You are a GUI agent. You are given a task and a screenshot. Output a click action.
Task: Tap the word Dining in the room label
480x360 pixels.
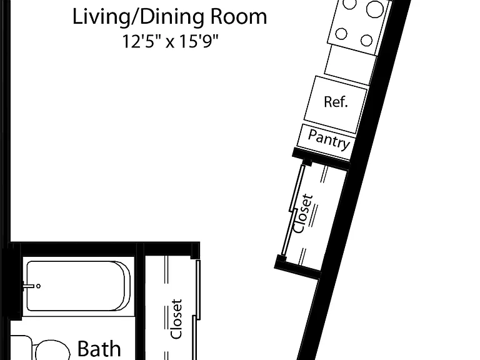coord(172,17)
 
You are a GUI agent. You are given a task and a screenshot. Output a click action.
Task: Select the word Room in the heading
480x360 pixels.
coord(239,17)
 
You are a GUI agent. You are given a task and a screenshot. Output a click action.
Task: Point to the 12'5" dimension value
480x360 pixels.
coord(141,41)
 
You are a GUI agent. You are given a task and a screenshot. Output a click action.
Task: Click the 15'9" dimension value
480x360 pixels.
coord(199,41)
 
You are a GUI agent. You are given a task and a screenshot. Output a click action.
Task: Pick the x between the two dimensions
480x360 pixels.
coord(170,43)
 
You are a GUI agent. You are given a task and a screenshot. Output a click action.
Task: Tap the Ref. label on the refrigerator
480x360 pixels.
coord(336,102)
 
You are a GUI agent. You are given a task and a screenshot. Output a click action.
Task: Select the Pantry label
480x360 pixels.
coord(329,139)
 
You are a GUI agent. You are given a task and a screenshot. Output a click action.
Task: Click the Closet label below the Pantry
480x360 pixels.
coord(303,213)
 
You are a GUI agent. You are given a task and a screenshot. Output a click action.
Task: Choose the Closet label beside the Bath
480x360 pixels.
coord(176,319)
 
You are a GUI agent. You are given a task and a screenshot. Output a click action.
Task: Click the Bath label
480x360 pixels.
coord(99,349)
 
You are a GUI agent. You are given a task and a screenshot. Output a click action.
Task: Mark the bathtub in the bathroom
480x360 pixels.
coord(78,286)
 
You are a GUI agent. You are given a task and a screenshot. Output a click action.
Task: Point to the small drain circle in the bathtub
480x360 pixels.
coord(38,286)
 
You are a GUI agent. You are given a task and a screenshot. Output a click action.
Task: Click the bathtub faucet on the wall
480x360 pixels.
coord(28,286)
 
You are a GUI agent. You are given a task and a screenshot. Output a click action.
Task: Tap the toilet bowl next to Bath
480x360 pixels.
coord(52,350)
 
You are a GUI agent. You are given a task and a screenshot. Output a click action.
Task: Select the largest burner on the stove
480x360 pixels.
coord(375,9)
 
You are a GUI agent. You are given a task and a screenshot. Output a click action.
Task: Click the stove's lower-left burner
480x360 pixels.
coord(341,34)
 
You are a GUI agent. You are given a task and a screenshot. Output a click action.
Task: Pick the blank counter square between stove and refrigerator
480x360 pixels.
coord(350,64)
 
